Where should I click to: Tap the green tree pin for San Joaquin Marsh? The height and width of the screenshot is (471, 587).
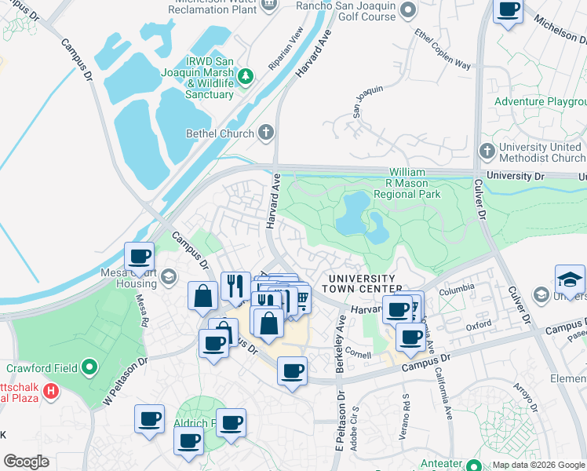tap(247, 76)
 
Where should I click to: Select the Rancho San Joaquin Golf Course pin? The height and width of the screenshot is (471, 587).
tap(407, 10)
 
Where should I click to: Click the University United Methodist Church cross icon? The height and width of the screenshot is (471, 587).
tap(487, 151)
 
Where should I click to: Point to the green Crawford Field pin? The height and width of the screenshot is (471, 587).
tap(90, 366)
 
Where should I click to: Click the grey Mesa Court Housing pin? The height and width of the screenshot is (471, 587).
tap(170, 274)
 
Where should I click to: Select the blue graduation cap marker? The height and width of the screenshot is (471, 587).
tap(570, 280)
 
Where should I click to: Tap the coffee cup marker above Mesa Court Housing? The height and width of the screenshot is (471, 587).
tap(140, 257)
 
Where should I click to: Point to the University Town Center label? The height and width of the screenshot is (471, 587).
tap(362, 283)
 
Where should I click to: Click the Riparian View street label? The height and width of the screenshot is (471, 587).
tap(286, 49)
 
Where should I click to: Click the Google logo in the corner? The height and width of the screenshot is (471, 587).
tap(26, 462)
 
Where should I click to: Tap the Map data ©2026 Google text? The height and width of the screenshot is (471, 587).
tap(537, 465)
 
